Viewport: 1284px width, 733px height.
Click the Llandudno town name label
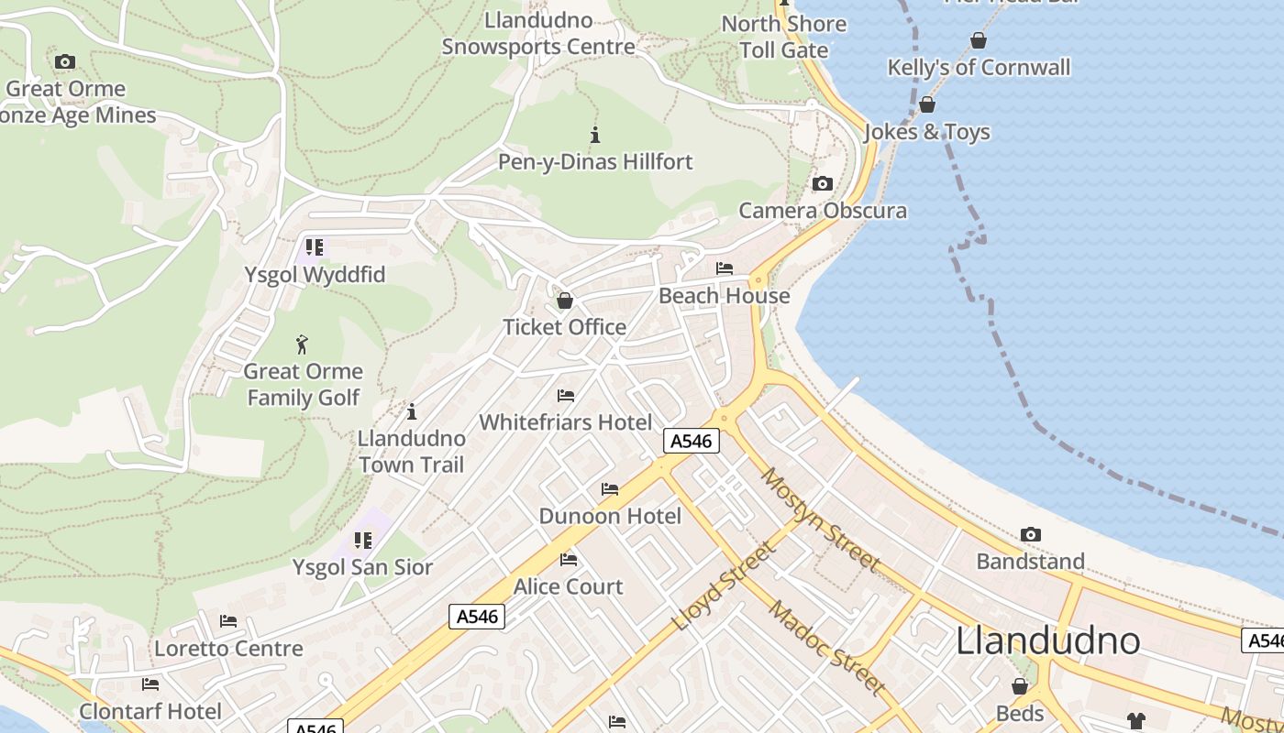point(1047,640)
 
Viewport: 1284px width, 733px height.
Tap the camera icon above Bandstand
point(1031,534)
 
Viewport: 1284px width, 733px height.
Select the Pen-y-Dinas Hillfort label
point(594,162)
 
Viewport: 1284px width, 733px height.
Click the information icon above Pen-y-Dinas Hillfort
point(595,136)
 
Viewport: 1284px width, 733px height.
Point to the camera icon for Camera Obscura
point(823,184)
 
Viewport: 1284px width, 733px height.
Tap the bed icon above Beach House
point(725,268)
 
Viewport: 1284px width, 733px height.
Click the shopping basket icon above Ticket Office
point(565,301)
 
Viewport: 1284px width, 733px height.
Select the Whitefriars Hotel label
point(566,422)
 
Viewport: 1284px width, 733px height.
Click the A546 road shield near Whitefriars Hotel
point(691,441)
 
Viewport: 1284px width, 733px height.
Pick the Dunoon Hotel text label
point(610,516)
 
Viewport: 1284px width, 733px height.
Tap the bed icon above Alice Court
point(569,560)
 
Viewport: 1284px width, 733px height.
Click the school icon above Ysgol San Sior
point(363,541)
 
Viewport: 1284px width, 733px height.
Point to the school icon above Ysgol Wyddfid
point(315,247)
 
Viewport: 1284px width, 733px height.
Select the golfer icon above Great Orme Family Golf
point(303,345)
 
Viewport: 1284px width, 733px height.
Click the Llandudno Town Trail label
point(412,451)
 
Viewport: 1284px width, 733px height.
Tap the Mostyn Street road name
point(820,520)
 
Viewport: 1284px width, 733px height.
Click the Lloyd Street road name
point(724,586)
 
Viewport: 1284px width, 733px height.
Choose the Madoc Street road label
point(826,647)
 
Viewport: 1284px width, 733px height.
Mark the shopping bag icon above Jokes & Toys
point(927,104)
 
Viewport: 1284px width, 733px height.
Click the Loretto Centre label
point(228,649)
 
